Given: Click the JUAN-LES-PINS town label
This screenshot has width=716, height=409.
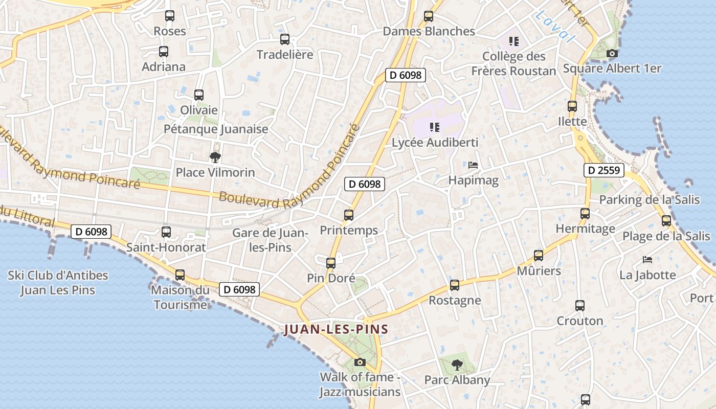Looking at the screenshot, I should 336,329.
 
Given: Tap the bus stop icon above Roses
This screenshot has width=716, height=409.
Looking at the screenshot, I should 170,16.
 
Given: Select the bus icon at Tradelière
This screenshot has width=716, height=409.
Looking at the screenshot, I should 285,39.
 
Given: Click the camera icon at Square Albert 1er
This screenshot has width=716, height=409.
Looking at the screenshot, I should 612,53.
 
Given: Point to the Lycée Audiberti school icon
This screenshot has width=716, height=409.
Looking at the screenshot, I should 435,127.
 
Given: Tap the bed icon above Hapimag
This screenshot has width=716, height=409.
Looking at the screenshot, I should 473,165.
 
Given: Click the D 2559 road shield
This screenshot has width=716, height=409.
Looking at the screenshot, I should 604,170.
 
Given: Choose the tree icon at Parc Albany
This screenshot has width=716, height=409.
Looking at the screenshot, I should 457,365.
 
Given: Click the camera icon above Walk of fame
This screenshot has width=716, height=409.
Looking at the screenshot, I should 360,362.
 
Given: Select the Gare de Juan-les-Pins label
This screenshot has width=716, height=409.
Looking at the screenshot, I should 270,240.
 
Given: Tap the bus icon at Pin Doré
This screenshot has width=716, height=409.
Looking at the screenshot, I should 331,263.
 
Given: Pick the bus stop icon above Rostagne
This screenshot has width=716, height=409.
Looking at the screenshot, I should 455,285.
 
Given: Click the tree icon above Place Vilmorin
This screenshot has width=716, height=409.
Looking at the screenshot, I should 215,157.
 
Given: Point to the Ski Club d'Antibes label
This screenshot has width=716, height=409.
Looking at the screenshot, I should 58,283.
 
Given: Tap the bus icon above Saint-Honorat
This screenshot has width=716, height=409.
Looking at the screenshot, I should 166,232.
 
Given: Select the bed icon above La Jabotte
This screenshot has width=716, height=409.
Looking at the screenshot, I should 647,260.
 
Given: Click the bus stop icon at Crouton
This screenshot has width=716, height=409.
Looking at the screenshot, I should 580,306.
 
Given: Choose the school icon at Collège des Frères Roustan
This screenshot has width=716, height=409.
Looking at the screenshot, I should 513,41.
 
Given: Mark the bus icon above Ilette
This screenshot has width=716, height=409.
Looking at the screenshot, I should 572,106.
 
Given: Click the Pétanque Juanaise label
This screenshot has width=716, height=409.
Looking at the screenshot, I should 216,129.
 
